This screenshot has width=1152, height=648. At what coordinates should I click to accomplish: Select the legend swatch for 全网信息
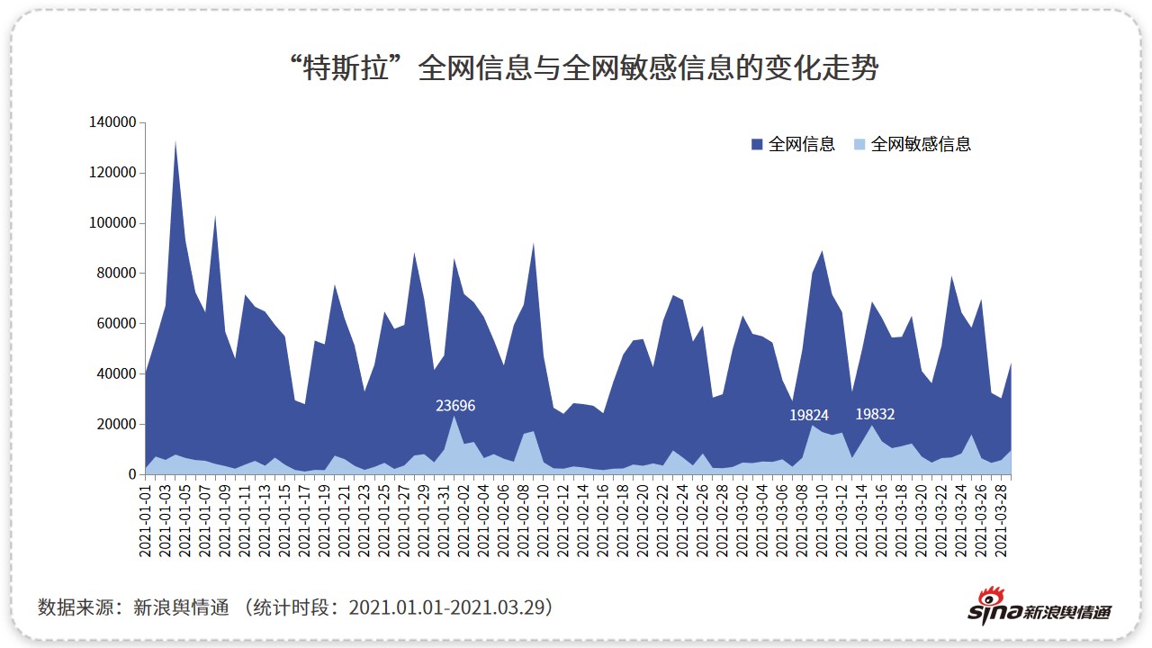[x=757, y=144]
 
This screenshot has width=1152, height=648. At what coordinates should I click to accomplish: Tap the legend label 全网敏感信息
[x=921, y=144]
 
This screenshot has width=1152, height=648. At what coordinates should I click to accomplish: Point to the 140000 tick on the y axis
[x=112, y=122]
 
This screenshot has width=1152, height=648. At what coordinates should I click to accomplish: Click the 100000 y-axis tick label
[x=112, y=223]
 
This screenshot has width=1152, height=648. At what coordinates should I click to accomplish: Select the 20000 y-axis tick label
[x=116, y=424]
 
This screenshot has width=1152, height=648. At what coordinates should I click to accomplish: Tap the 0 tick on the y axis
[x=131, y=474]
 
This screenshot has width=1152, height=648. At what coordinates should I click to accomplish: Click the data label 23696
[x=455, y=406]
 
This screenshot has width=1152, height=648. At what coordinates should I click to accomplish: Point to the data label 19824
[x=810, y=415]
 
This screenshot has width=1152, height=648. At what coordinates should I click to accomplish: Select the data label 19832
[x=875, y=414]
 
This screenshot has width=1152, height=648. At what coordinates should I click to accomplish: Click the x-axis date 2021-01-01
[x=145, y=520]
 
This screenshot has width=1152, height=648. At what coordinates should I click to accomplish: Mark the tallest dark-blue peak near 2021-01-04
[x=175, y=144]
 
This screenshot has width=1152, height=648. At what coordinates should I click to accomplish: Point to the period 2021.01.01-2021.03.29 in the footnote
[x=450, y=607]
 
